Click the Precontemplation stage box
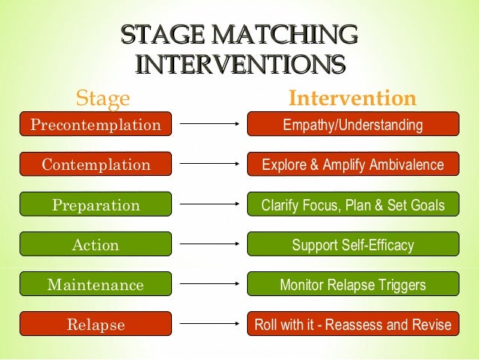tap(95, 124)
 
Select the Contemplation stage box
tap(95, 165)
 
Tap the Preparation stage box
tap(95, 205)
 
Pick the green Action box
tap(95, 245)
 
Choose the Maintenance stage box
tap(95, 285)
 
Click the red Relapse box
tap(95, 325)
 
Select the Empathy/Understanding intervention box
tap(353, 124)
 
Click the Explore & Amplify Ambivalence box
tap(353, 165)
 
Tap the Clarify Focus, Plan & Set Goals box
tap(353, 205)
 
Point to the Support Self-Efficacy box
tap(353, 245)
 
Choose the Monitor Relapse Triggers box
tap(353, 285)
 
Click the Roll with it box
tap(353, 325)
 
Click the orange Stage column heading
tap(104, 98)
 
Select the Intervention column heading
tap(352, 98)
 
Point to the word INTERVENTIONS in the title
tap(239, 62)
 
